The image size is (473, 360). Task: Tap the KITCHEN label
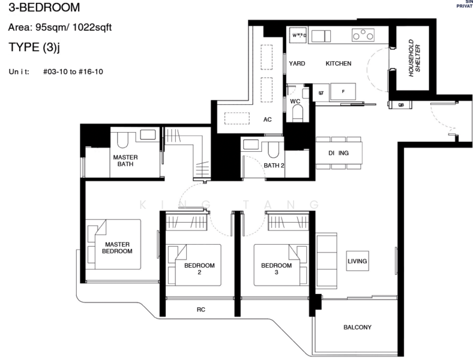pos(339,64)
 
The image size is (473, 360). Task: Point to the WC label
pos(295,101)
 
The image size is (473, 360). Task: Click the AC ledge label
pos(268,119)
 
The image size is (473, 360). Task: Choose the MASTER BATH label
pos(126,161)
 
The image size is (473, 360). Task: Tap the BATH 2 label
pos(274,166)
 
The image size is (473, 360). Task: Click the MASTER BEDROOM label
pos(118,248)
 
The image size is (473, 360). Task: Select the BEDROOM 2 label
pos(199,269)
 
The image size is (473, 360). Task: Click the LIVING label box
pos(357,262)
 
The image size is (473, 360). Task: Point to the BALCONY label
pos(357,328)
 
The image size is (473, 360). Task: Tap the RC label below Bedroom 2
pos(201,311)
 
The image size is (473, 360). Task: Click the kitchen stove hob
pos(364,36)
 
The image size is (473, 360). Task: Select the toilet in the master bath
pos(122,140)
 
